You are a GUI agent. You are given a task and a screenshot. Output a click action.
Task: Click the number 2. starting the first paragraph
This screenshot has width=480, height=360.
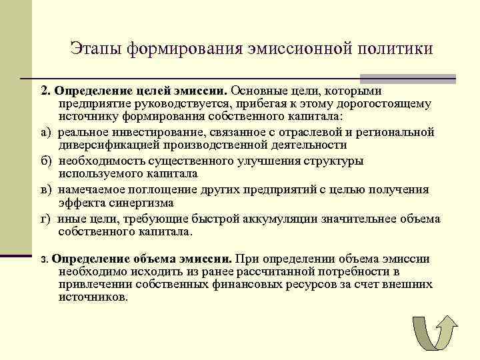(45, 90)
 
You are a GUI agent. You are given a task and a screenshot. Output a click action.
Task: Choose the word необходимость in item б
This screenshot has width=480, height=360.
(99, 161)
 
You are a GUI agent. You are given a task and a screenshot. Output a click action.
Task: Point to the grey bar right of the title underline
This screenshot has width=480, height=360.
(442, 79)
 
